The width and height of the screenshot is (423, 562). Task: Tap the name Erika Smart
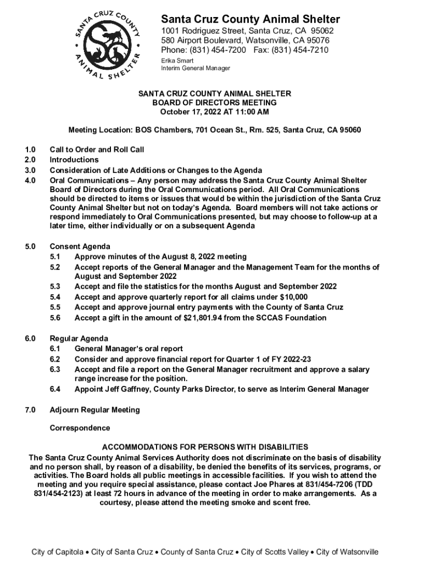[x=174, y=60]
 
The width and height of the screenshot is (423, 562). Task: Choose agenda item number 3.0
[x=30, y=170]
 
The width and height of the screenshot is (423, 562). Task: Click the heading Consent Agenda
[x=80, y=246]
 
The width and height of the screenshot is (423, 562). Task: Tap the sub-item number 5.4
[x=55, y=297]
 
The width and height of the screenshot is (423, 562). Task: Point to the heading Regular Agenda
[x=79, y=339]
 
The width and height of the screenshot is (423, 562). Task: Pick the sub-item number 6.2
[x=55, y=359]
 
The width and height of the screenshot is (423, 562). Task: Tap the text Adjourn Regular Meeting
[x=94, y=409]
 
